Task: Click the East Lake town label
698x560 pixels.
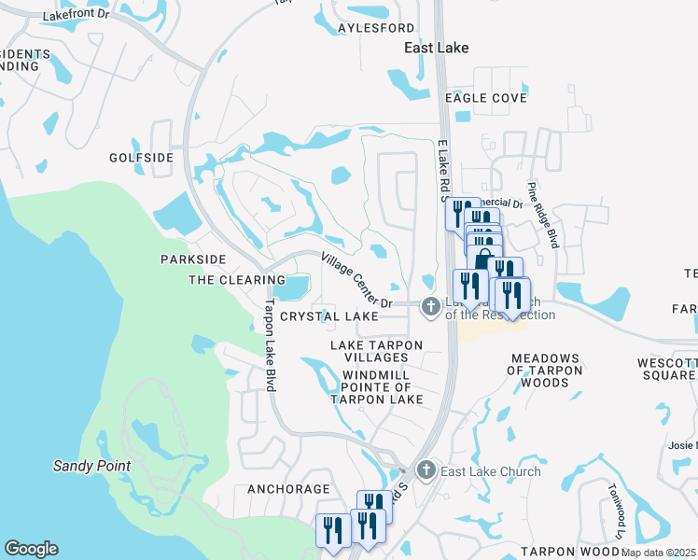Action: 436,47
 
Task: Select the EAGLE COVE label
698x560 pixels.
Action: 485,98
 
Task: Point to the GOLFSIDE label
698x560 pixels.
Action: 141,158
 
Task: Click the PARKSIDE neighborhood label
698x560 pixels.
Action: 193,259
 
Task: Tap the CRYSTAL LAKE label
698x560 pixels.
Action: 329,316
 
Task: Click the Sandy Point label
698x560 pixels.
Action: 91,465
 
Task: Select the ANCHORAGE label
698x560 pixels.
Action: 288,489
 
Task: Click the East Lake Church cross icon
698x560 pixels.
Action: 426,470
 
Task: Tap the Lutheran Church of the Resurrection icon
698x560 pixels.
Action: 430,305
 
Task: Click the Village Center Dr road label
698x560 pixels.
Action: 357,280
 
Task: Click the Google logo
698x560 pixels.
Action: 31,549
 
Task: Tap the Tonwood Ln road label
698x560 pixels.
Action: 614,511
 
